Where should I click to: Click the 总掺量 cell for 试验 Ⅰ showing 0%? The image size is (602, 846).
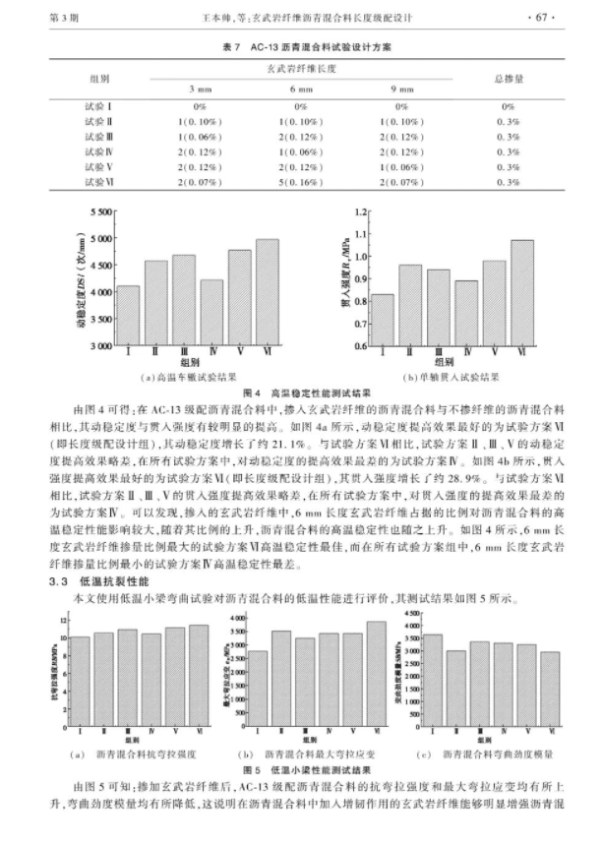pyautogui.click(x=509, y=104)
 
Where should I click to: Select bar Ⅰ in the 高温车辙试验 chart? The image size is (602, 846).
pyautogui.click(x=128, y=315)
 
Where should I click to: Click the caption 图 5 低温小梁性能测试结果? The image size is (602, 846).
pyautogui.click(x=301, y=768)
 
